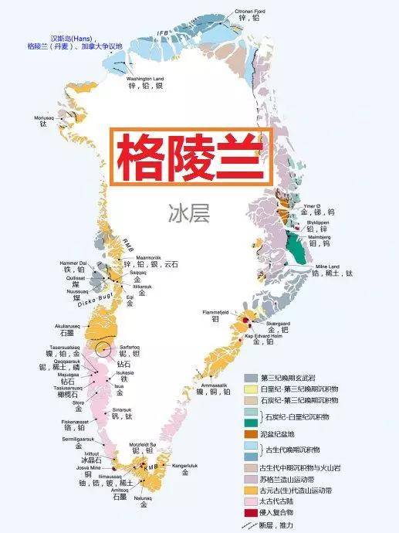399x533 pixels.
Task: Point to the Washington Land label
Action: coord(145,78)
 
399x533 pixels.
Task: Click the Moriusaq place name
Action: coord(46,117)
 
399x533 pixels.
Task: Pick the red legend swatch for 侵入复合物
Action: coord(251,513)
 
